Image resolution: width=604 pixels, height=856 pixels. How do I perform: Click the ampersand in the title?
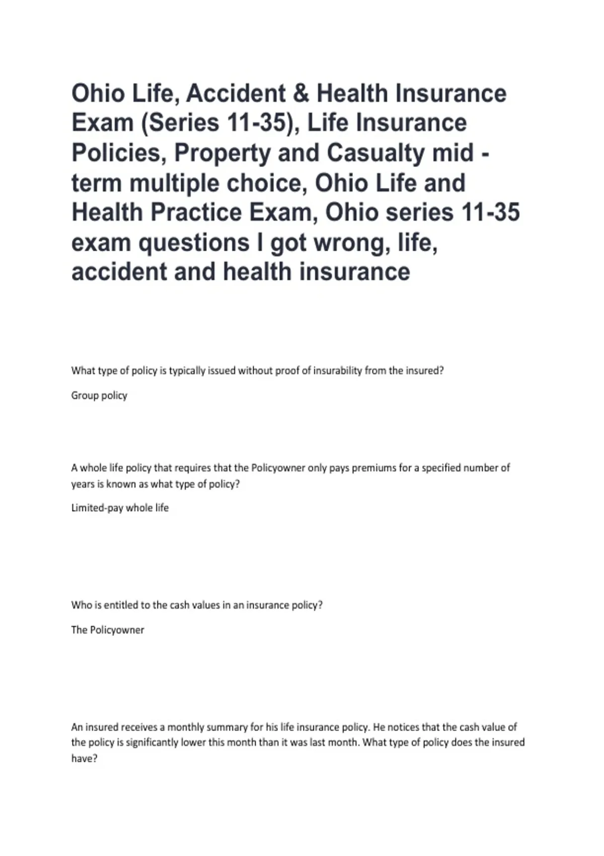pyautogui.click(x=300, y=94)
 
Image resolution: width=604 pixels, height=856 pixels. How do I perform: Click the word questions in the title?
pyautogui.click(x=194, y=243)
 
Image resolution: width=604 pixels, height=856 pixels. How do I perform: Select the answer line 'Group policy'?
pyautogui.click(x=99, y=396)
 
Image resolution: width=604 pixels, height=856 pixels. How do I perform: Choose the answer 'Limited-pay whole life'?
pyautogui.click(x=120, y=508)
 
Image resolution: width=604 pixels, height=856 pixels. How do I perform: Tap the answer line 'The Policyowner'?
pyautogui.click(x=108, y=630)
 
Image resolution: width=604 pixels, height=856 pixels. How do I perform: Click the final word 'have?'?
pyautogui.click(x=84, y=759)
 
